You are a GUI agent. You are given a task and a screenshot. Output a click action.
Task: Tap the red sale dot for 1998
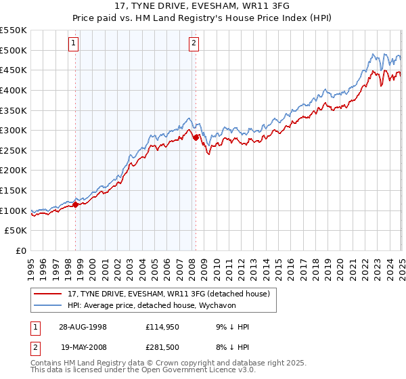point(76,204)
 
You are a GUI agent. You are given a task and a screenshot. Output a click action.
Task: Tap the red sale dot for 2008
point(196,137)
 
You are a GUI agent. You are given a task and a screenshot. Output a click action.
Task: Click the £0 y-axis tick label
point(22,251)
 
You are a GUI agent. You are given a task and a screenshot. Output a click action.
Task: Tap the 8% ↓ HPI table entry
point(231,347)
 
